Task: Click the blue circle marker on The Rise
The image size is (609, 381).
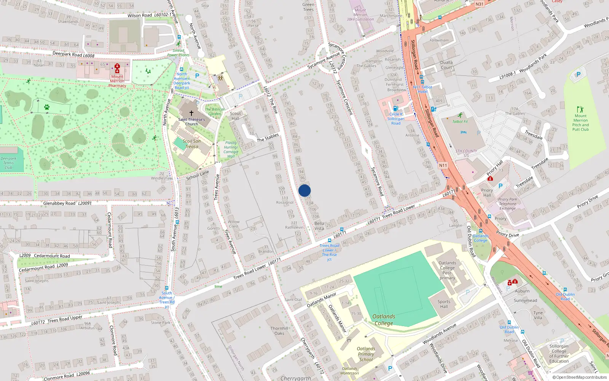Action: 304,190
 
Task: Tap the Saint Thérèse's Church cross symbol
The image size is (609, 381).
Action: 191,113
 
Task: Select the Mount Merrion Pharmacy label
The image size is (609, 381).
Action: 117,81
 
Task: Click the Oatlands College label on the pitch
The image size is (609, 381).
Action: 384,320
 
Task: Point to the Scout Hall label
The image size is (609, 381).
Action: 235,116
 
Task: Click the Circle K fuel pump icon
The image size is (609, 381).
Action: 395,109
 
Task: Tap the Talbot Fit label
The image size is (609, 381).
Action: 460,122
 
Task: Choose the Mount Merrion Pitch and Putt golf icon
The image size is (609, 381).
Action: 580,109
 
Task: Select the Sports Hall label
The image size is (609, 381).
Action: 444,304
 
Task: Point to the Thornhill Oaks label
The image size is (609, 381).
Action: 279,331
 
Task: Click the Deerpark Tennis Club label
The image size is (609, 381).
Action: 8,163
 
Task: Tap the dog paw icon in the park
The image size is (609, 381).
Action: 47,107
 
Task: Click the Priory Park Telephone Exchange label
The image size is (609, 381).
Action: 508,204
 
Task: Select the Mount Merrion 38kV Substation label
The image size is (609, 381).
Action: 360,15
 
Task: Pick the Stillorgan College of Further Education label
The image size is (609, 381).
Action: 559,354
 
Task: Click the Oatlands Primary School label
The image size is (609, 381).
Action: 366,354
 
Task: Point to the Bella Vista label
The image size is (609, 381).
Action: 319,226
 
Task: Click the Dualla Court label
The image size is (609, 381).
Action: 446,65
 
